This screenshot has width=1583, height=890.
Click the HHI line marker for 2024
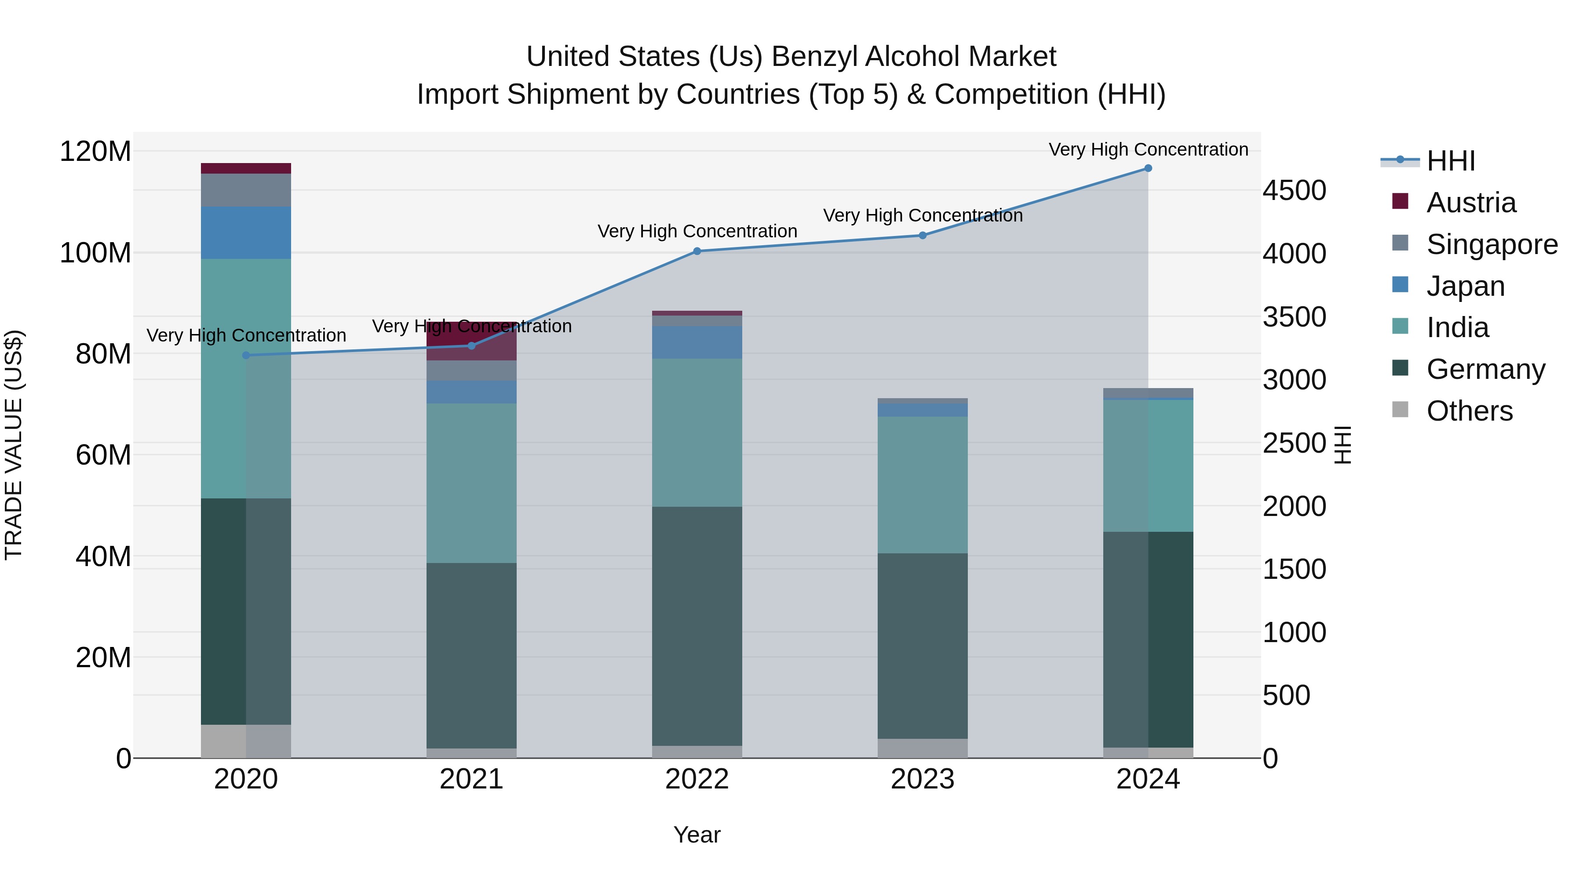point(1148,168)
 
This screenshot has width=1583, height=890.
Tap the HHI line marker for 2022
point(697,251)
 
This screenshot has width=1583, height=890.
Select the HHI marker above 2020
point(246,355)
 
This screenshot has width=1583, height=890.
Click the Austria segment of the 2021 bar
point(471,341)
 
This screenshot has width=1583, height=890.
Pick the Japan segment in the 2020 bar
point(246,233)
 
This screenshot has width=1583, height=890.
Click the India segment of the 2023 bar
point(923,485)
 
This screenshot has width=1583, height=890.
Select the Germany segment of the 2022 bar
point(697,626)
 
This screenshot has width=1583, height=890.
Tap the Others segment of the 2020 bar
point(246,741)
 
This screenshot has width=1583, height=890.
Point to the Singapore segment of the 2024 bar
point(1148,393)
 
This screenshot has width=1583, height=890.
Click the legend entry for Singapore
point(1492,244)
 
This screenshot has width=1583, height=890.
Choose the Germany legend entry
point(1485,369)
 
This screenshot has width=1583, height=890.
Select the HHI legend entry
point(1450,161)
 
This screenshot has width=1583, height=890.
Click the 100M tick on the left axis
point(95,253)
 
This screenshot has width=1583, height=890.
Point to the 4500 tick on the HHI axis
point(1294,190)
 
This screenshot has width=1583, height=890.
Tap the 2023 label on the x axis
point(923,779)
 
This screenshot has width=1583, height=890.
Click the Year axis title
point(697,835)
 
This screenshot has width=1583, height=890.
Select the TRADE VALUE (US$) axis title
point(14,445)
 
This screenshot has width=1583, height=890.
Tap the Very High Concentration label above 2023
point(923,216)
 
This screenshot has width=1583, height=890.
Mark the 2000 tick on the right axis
point(1294,507)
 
